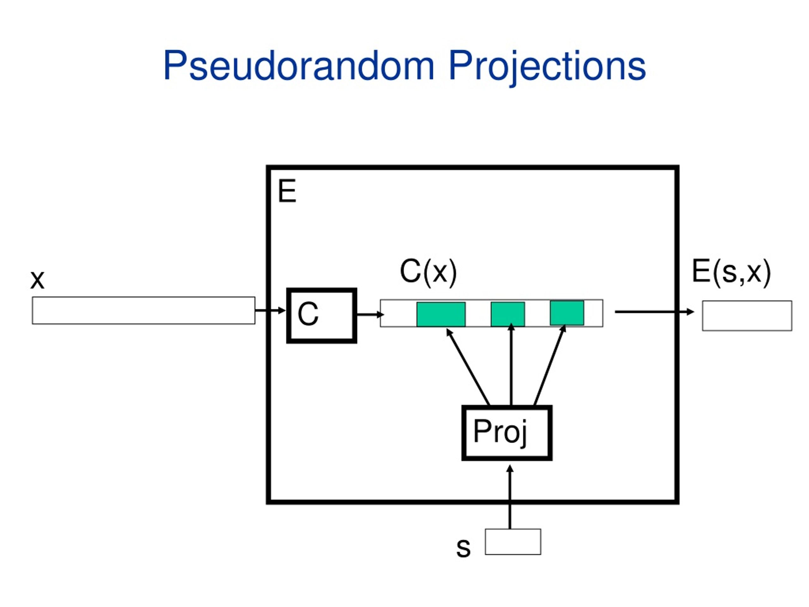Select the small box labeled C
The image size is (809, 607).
[322, 316]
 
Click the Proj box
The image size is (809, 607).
[507, 432]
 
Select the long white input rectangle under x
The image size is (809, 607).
[144, 310]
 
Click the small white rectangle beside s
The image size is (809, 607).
[513, 542]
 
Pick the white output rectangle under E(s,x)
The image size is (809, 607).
[747, 316]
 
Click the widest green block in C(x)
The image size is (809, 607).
[441, 314]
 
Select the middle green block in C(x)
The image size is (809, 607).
[508, 314]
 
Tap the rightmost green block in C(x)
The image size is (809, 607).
[567, 313]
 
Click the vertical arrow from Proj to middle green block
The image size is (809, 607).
[511, 365]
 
